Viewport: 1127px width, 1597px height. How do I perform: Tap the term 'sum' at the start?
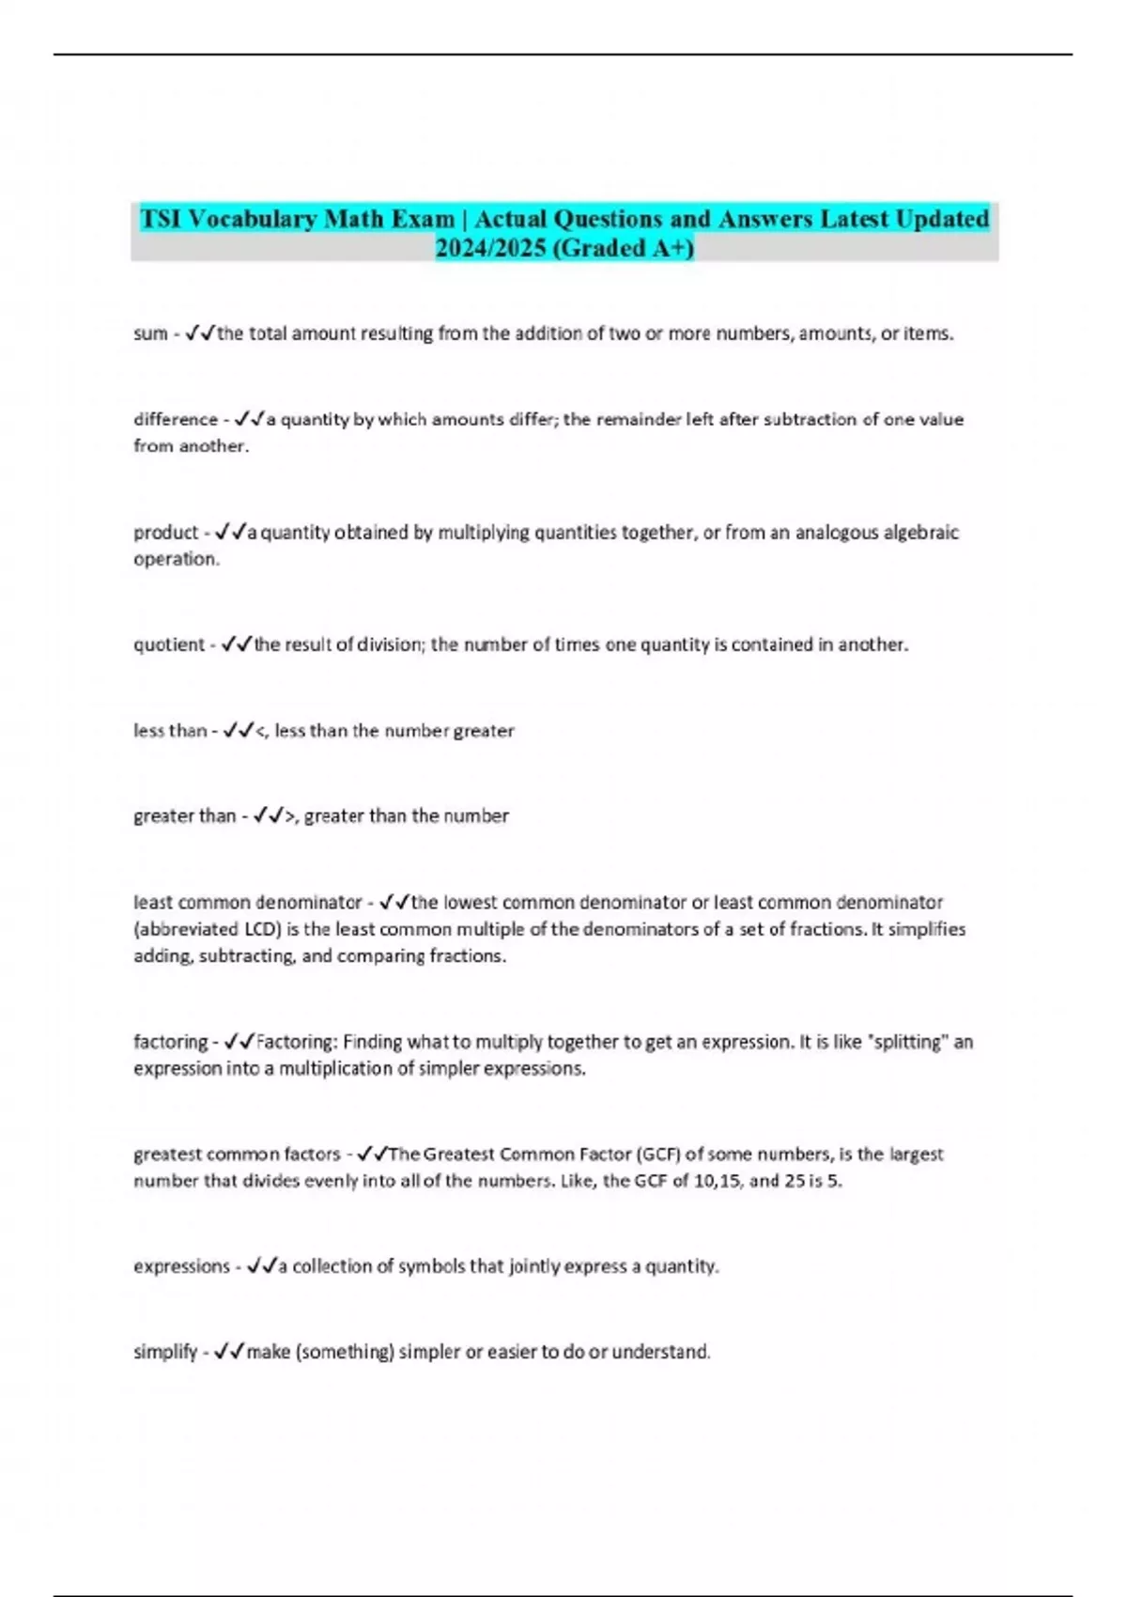point(150,333)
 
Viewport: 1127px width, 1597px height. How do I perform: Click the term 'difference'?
point(176,419)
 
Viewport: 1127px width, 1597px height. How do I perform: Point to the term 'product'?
point(165,533)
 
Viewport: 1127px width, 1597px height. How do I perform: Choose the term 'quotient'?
point(169,644)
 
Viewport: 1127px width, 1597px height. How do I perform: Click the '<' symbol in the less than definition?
point(260,731)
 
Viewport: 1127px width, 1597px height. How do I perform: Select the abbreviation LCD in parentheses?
point(254,929)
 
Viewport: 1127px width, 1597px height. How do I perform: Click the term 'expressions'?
point(181,1266)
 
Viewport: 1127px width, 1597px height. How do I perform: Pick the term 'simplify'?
point(165,1352)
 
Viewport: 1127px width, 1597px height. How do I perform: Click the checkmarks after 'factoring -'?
point(239,1042)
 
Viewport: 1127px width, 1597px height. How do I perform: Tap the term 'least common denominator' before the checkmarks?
point(247,903)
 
